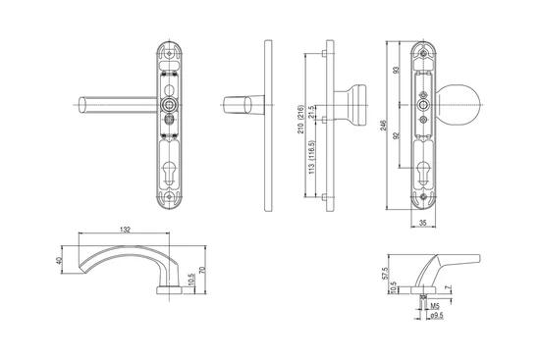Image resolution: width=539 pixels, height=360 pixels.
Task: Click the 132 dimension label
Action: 125,230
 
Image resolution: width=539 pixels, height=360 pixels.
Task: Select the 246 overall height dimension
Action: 384,125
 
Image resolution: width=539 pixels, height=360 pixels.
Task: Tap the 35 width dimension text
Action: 423,223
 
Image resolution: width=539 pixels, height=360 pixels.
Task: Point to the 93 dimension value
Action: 397,70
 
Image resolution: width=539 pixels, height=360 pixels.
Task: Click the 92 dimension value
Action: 397,135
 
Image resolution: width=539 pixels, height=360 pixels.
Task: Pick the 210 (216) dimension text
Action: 301,119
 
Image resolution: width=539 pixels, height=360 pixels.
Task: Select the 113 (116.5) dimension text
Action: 311,157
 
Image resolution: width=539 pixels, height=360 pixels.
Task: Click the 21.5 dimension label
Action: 311,112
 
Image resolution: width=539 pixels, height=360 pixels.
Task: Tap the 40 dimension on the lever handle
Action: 58,260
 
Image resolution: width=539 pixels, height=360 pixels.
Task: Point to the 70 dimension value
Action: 202,270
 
